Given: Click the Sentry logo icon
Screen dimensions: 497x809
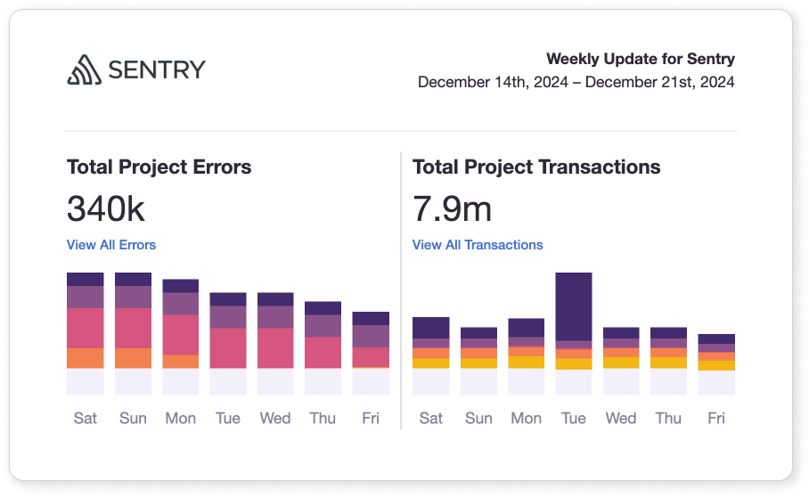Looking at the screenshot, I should [85, 69].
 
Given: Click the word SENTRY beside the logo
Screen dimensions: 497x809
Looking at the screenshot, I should [157, 69].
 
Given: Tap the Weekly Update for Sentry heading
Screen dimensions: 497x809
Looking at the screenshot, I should [640, 60].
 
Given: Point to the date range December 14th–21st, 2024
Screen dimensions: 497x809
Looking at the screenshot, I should [576, 82].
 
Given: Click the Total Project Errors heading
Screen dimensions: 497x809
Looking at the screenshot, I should [159, 167].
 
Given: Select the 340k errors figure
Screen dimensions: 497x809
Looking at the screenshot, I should [105, 208].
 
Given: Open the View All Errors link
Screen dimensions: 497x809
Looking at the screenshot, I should [111, 245].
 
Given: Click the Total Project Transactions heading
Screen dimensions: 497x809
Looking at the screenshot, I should [536, 167].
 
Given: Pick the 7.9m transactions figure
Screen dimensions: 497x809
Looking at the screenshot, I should [452, 208].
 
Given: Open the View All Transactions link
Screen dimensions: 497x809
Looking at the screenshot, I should [478, 245].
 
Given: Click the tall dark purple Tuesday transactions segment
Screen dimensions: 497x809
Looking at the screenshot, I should [574, 306].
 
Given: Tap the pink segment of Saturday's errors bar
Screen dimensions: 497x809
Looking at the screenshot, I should [86, 328].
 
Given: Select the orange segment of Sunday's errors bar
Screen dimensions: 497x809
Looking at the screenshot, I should [134, 358].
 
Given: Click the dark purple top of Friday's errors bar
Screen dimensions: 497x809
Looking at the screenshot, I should [371, 318].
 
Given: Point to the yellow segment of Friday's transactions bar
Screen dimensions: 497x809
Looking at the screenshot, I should [716, 365].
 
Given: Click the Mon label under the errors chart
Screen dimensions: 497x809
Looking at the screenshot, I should [181, 418].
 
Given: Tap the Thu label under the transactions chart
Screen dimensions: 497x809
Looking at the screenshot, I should [668, 418].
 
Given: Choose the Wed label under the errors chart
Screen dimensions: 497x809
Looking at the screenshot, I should [275, 418].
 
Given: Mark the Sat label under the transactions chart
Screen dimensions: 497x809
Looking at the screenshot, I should [431, 418].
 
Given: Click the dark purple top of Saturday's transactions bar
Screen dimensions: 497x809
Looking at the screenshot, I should [431, 327].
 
